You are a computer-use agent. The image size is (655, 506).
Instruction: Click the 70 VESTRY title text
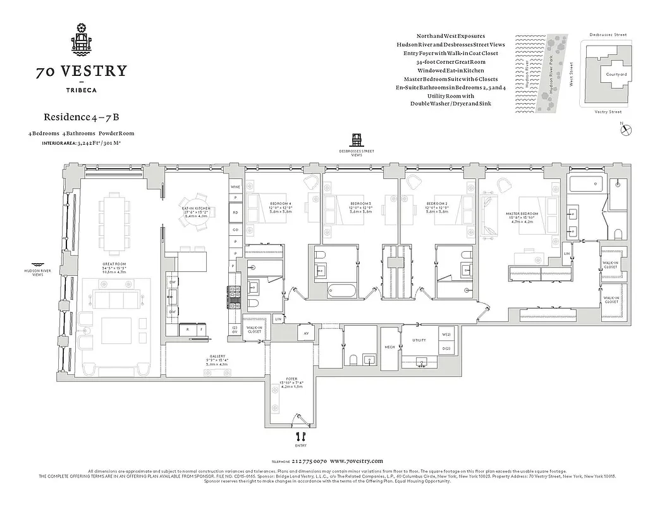[x=81, y=71]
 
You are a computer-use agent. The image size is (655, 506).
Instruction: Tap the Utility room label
[x=419, y=340]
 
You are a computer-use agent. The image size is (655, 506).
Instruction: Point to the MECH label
[x=389, y=347]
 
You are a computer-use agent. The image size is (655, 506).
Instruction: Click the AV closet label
[x=305, y=333]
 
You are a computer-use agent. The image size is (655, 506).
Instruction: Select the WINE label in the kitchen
[x=235, y=187]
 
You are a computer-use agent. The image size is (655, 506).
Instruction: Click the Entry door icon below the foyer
[x=300, y=436]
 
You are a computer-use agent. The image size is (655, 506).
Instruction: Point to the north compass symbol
[x=626, y=130]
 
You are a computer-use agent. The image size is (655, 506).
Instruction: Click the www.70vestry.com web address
[x=356, y=461]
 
